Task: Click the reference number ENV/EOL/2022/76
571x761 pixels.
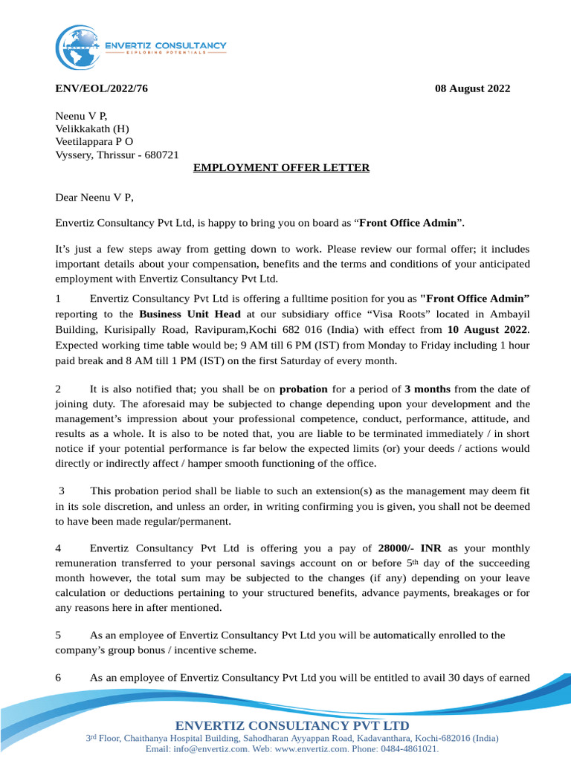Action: pos(102,88)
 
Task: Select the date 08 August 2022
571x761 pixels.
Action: pos(472,88)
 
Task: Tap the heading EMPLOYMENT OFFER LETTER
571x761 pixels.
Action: pos(281,168)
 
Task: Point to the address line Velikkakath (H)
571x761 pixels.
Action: pos(92,129)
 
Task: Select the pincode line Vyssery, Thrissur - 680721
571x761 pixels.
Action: pos(117,155)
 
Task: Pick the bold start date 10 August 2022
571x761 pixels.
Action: pos(488,328)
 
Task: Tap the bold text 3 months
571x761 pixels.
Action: pos(428,389)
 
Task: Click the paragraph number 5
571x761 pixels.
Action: pos(59,635)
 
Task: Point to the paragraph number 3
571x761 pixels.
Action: pos(62,490)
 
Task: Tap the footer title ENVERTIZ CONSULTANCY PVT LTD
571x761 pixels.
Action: pos(291,725)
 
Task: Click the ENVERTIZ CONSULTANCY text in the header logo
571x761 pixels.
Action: pos(166,46)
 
